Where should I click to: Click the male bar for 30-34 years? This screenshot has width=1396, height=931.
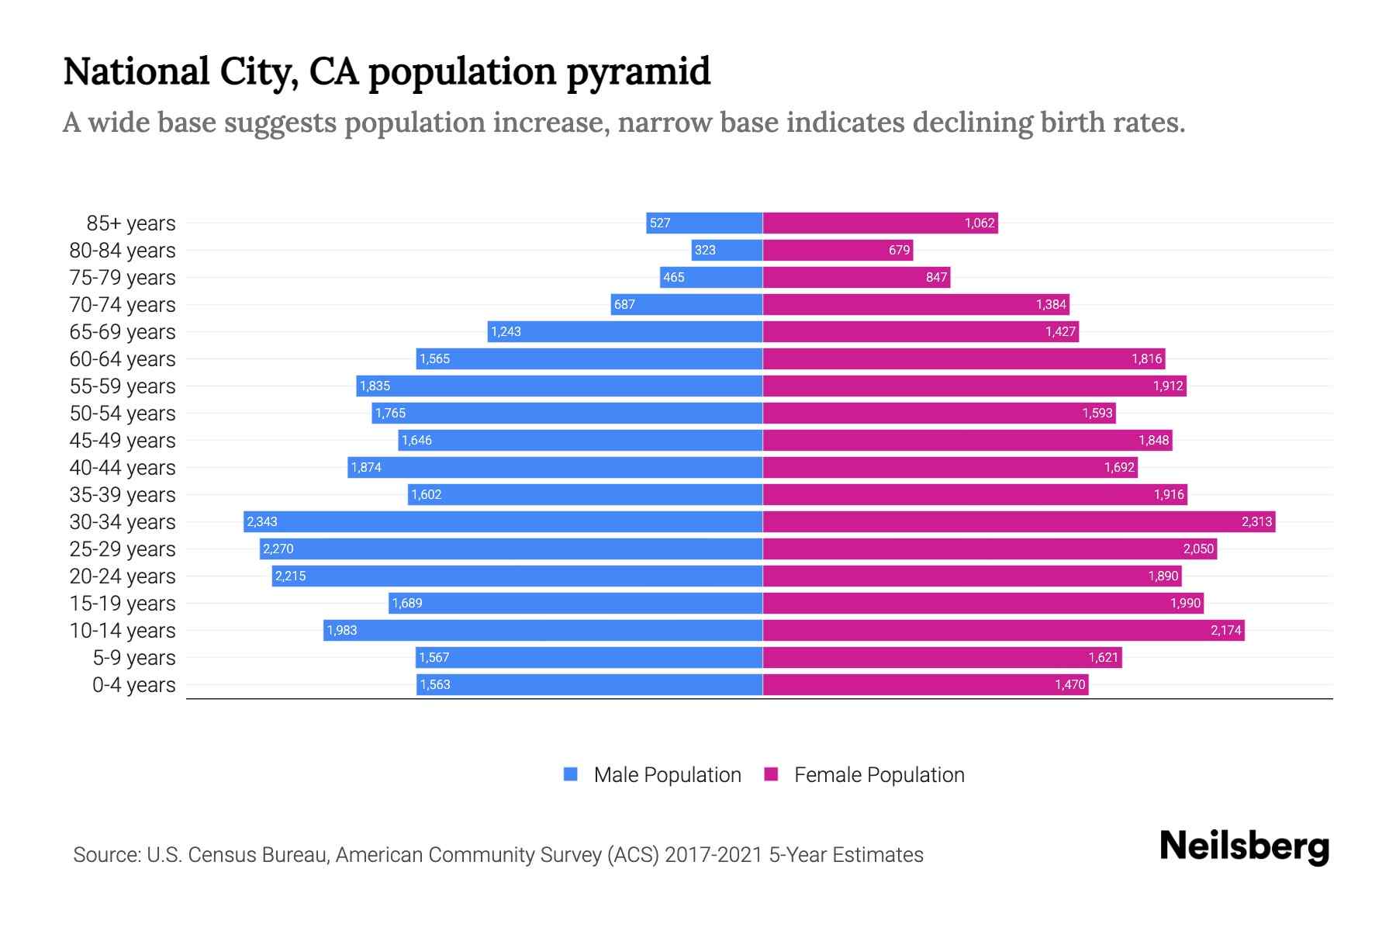[x=504, y=521]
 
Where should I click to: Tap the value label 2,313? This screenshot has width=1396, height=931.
[x=1256, y=521]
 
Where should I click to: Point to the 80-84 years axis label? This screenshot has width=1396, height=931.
[x=123, y=251]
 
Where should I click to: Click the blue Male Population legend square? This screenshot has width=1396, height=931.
[x=571, y=774]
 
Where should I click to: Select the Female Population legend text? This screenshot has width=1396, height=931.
[x=879, y=774]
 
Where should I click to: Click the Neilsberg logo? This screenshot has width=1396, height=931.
[x=1244, y=846]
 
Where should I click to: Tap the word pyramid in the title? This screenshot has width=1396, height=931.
[x=638, y=71]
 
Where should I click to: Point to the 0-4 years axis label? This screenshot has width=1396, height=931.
[x=133, y=685]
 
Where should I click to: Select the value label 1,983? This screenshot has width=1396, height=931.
[x=342, y=630]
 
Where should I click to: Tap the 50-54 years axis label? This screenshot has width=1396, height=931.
[x=123, y=414]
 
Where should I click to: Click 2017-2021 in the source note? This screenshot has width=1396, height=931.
[x=713, y=855]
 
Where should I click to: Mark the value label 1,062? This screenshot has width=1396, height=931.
[x=980, y=223]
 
